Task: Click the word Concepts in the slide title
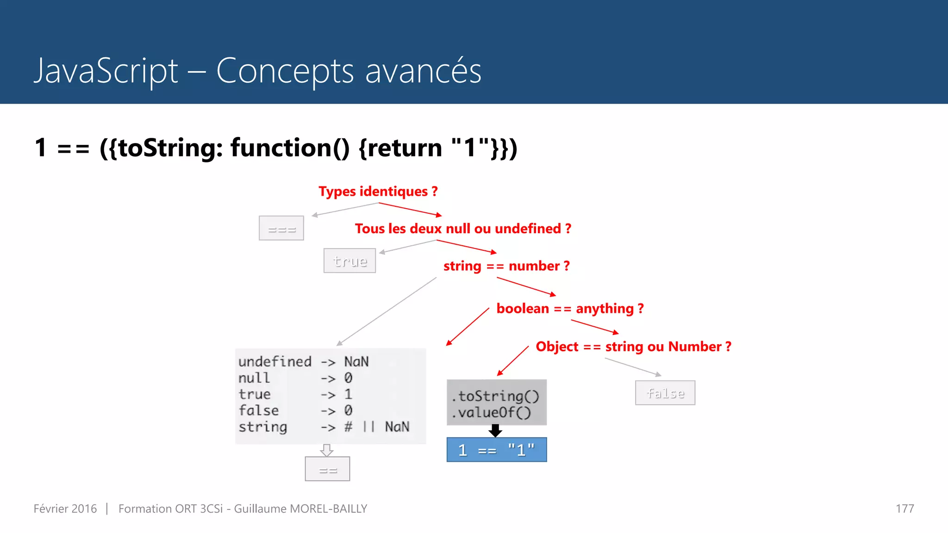pos(285,71)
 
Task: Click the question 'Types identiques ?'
pos(378,192)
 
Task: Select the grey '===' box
pos(281,228)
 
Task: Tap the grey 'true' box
pos(349,261)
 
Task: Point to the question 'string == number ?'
pos(506,266)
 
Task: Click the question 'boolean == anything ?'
pos(570,309)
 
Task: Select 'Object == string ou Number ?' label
pos(633,347)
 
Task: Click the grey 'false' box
pos(665,393)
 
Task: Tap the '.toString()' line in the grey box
pos(496,396)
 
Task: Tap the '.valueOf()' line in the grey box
pos(492,412)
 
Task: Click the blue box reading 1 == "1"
pos(496,450)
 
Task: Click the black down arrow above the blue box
pos(495,431)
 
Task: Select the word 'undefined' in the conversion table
pos(274,361)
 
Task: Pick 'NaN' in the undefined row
pos(356,361)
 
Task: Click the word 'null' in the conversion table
pos(254,378)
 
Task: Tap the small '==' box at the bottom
pos(327,469)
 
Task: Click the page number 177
pos(904,509)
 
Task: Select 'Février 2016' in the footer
pos(65,509)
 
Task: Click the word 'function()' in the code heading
pos(290,148)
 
